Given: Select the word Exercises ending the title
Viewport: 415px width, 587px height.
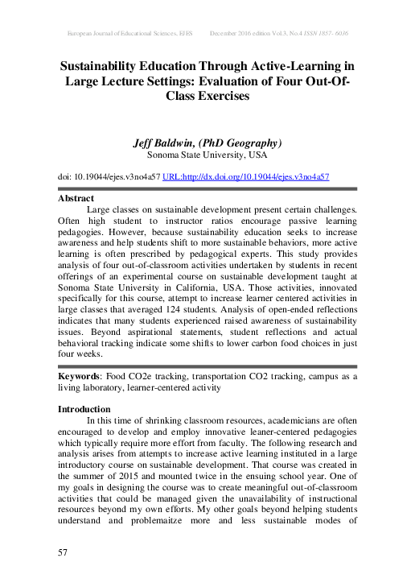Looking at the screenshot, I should point(207,96).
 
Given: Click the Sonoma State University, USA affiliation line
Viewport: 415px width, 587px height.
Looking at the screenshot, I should point(207,155).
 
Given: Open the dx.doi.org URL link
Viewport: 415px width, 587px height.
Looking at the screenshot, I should point(246,176).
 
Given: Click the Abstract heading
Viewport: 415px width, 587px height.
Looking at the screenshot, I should point(76,198).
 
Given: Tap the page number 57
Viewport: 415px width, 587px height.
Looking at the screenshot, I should point(63,552).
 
